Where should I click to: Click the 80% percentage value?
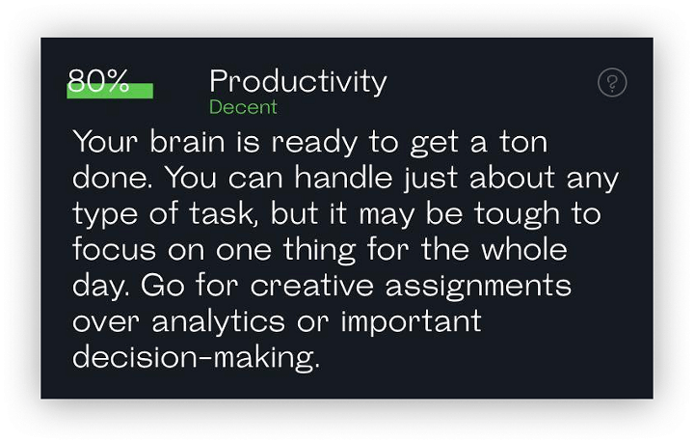click(98, 80)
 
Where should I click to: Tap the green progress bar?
click(110, 91)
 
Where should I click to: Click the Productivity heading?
click(298, 81)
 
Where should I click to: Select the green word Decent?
click(243, 107)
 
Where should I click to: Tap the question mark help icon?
click(612, 82)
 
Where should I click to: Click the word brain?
click(187, 142)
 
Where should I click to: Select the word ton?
click(523, 142)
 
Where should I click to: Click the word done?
click(113, 178)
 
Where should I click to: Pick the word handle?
click(343, 178)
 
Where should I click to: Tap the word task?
click(223, 213)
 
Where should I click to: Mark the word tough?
click(517, 215)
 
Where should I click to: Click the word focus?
click(114, 249)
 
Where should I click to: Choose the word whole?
click(524, 249)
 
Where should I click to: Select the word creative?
click(312, 286)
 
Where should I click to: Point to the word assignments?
click(478, 287)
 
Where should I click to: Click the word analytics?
click(219, 322)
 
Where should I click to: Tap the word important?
click(412, 322)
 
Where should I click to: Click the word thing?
click(320, 251)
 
